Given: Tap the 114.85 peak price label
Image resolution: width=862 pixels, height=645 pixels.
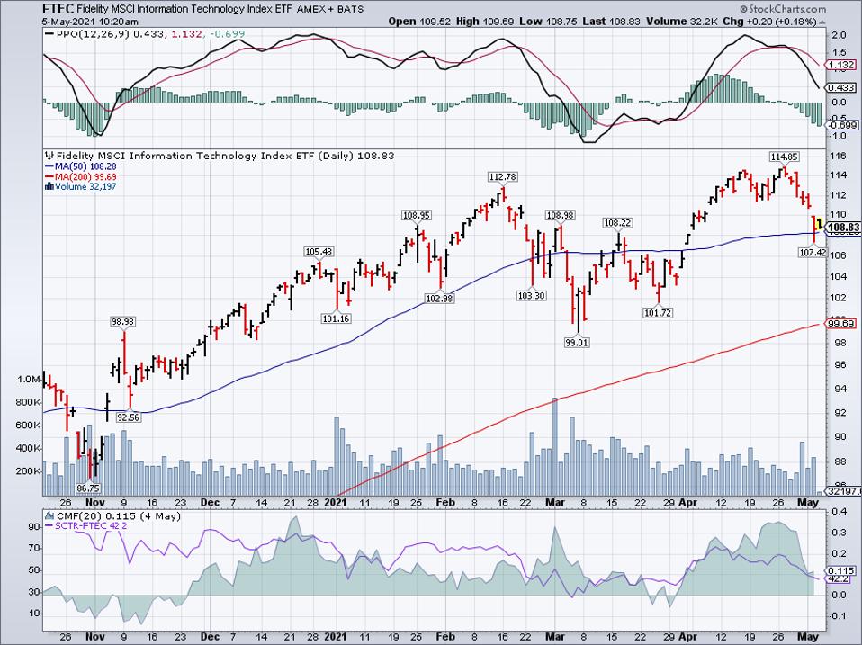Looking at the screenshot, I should point(783,157).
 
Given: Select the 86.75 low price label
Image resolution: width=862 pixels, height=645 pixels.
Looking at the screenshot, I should point(87,487).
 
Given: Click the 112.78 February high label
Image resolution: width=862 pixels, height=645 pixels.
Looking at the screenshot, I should point(502,176).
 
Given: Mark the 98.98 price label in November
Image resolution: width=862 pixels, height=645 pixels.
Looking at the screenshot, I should point(122,321).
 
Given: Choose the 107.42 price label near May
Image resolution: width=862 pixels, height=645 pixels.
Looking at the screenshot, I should point(813,254).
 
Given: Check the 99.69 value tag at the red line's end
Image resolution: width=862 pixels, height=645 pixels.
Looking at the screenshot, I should point(840,323).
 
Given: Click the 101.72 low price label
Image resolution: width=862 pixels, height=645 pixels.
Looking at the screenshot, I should point(660,312).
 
